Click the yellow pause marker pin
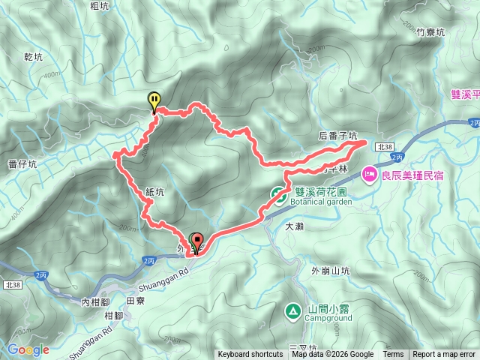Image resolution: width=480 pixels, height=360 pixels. (x=154, y=100)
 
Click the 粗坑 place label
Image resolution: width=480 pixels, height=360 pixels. (x=100, y=7)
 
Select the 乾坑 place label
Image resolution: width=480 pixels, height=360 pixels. (x=34, y=56)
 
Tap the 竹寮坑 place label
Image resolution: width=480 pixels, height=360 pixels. (x=430, y=32)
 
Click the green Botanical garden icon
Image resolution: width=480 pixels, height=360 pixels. (x=277, y=196)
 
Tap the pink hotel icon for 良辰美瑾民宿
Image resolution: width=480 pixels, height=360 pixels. (x=370, y=175)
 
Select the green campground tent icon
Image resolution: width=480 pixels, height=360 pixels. (x=292, y=309)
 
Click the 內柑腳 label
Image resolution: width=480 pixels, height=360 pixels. (x=95, y=302)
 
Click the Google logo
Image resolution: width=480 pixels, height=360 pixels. (x=28, y=349)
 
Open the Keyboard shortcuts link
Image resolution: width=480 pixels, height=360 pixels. (x=250, y=355)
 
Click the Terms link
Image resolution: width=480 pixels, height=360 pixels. (x=393, y=355)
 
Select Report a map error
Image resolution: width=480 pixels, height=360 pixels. (x=444, y=355)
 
